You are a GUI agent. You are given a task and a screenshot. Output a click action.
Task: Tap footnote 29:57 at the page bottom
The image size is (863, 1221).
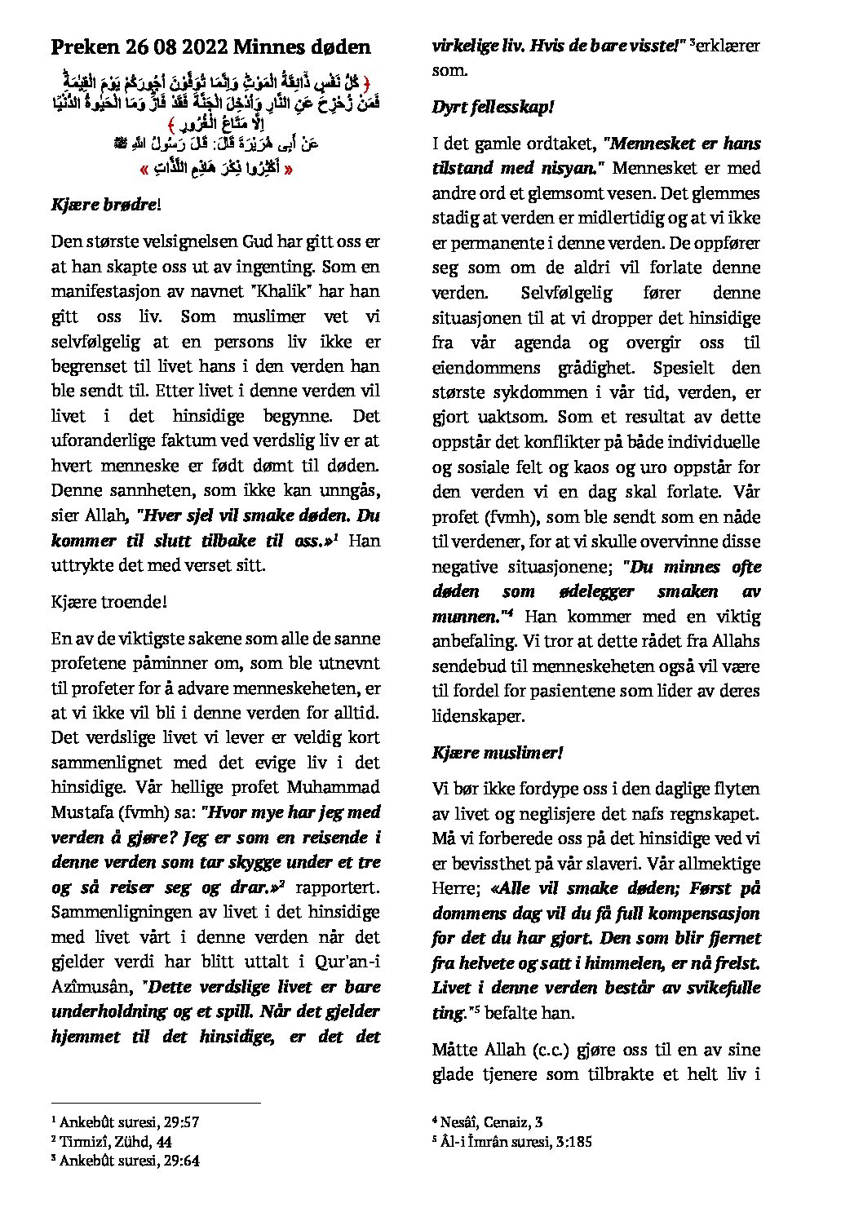click(x=179, y=1121)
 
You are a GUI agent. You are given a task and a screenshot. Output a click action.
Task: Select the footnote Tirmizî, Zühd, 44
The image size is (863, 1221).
click(x=115, y=1141)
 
